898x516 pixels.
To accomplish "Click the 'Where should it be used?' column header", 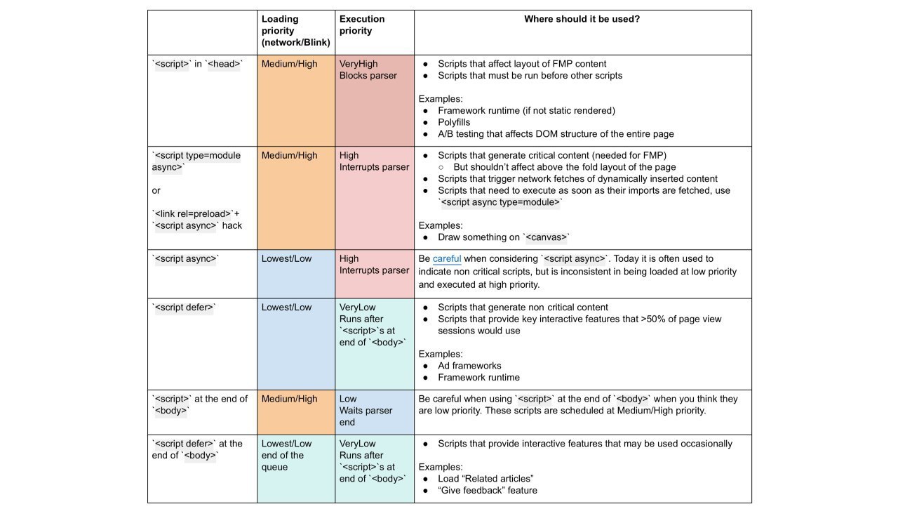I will [582, 19].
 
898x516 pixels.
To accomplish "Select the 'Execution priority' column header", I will [362, 25].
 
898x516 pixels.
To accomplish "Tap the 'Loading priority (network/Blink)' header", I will [295, 30].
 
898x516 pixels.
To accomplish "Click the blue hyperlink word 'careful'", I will [447, 258].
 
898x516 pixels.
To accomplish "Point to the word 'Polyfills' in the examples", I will [454, 122].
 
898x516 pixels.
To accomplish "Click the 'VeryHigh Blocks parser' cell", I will [368, 70].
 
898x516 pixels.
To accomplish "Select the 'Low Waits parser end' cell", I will [366, 411].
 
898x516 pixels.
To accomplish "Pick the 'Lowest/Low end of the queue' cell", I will [286, 455].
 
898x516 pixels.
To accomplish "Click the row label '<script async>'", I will [186, 258].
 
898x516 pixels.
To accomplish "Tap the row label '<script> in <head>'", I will [197, 64].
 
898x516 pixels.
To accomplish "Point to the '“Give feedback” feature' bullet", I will [488, 490].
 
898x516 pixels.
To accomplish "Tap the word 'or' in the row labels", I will [156, 190].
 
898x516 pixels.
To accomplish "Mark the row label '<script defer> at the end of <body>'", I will [197, 449].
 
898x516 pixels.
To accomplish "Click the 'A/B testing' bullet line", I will [556, 133].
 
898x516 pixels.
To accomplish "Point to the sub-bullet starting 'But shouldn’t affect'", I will [565, 167].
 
